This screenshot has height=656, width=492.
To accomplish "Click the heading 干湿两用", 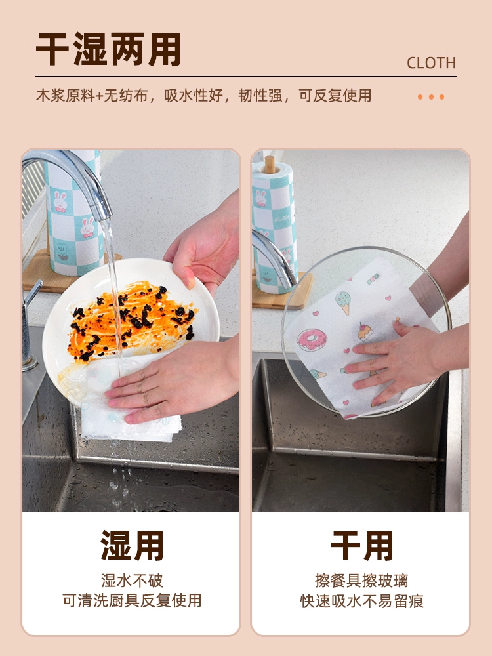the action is pyautogui.click(x=108, y=49).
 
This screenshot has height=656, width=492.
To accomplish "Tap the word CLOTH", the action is pyautogui.click(x=431, y=63).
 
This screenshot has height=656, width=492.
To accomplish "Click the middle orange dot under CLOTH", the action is pyautogui.click(x=431, y=97).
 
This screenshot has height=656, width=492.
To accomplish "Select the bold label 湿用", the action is pyautogui.click(x=132, y=546).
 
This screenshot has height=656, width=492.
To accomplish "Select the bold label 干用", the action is pyautogui.click(x=361, y=546).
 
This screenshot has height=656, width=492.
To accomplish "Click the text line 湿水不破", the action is pyautogui.click(x=132, y=581).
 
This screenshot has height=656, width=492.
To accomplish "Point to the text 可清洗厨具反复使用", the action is pyautogui.click(x=132, y=600).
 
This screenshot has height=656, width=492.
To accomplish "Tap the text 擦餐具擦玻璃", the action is pyautogui.click(x=361, y=581).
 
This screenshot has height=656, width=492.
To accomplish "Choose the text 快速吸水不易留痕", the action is pyautogui.click(x=361, y=601).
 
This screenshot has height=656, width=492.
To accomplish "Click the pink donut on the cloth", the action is pyautogui.click(x=310, y=339).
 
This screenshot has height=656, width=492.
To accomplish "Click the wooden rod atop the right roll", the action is pyautogui.click(x=270, y=165).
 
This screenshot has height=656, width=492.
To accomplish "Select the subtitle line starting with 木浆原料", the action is pyautogui.click(x=204, y=96).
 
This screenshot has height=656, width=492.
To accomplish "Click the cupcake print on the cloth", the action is pyautogui.click(x=365, y=332).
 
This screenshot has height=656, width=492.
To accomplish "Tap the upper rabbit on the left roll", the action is pyautogui.click(x=60, y=201).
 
